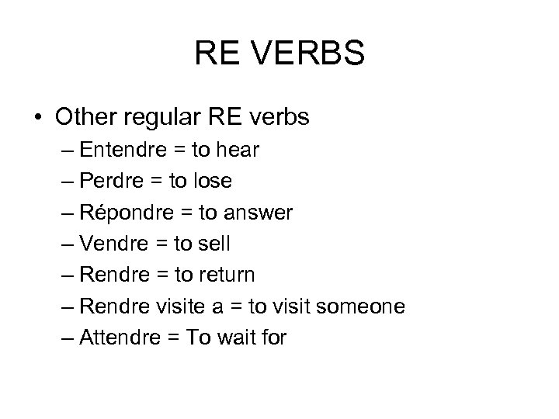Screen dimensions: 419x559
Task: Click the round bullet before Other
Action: (38, 119)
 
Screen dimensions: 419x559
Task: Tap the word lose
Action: (210, 182)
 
